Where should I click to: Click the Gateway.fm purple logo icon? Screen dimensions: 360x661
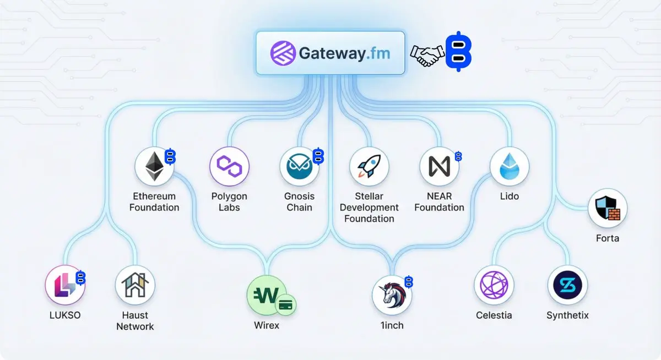[283, 53]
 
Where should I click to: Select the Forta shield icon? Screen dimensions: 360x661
[608, 209]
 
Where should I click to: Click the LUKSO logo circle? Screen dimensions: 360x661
[64, 285]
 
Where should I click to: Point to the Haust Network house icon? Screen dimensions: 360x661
[135, 285]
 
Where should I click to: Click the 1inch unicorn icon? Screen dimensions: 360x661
[392, 295]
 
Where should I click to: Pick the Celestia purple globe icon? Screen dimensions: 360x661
[494, 285]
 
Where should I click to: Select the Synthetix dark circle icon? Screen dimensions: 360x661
[567, 285]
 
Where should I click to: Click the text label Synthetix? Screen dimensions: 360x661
[567, 315]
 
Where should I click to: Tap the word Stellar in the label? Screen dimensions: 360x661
[369, 197]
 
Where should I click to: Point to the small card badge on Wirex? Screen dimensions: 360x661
[285, 304]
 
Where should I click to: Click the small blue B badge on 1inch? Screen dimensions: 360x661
[409, 282]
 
